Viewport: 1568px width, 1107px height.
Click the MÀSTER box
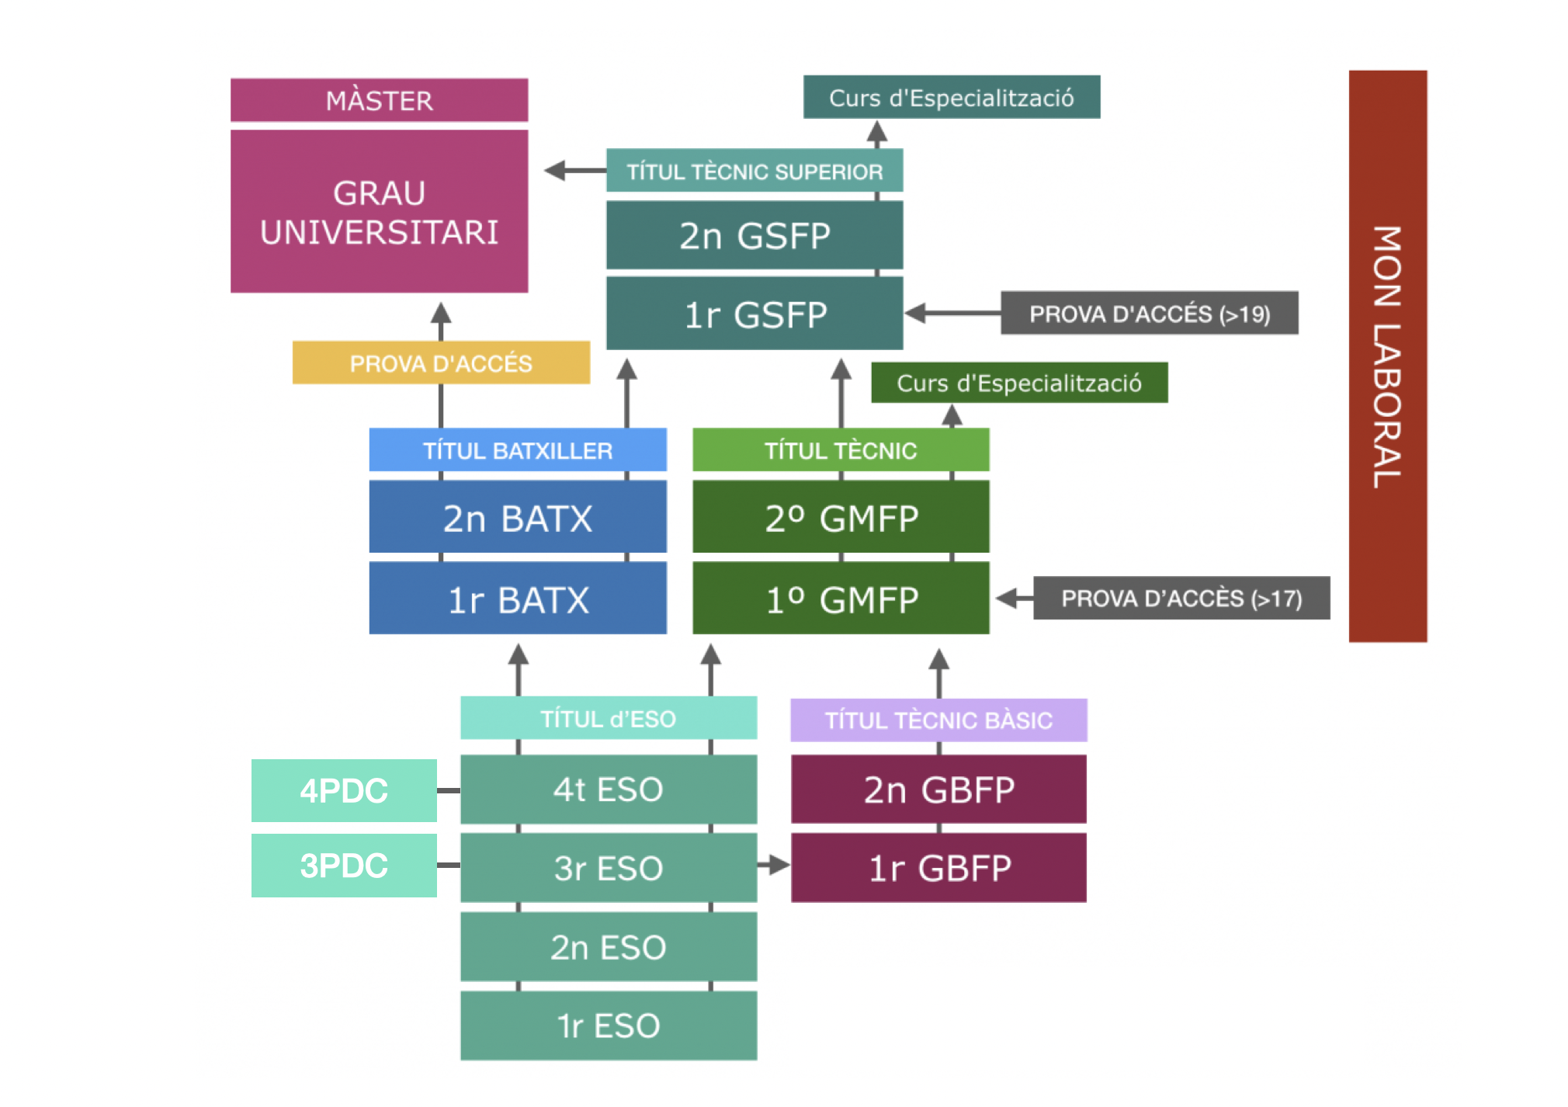pos(379,100)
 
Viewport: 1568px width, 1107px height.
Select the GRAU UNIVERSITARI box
pos(379,211)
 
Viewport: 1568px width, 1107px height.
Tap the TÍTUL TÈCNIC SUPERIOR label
pos(754,171)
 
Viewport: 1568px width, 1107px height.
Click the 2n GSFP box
pos(754,235)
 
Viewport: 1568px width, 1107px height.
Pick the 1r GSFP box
pos(754,314)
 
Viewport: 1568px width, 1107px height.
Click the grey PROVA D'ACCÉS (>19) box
pos(1149,314)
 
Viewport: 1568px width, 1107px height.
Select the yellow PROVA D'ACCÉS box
pos(440,363)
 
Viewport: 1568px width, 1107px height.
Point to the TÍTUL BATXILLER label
pos(517,450)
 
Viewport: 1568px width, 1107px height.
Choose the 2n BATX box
pos(517,517)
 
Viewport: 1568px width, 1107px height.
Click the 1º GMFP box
pos(841,599)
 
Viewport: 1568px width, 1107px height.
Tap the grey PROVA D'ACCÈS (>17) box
pos(1181,598)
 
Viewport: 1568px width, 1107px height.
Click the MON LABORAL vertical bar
pos(1387,356)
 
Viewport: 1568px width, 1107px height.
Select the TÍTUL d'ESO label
pos(608,718)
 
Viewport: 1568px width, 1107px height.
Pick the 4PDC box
pos(344,790)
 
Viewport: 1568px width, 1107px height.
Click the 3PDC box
pos(344,865)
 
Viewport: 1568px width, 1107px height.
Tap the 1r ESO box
pos(608,1025)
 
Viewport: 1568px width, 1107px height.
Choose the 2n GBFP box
pos(938,789)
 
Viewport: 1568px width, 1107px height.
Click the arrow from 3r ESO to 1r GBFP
pos(773,865)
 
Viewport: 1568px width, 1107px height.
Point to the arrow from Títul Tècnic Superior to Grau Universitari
pos(573,170)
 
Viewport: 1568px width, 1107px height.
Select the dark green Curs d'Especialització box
pos(1018,383)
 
